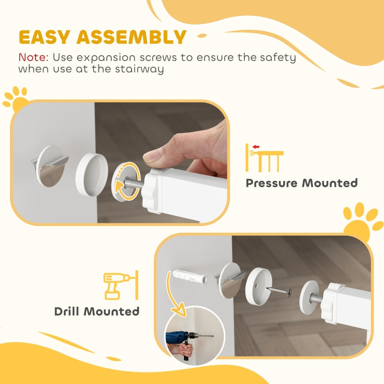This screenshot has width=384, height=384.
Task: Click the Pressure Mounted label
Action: (x=301, y=183)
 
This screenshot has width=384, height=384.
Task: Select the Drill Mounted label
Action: (x=97, y=311)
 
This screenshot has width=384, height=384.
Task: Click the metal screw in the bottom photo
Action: (x=280, y=291)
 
